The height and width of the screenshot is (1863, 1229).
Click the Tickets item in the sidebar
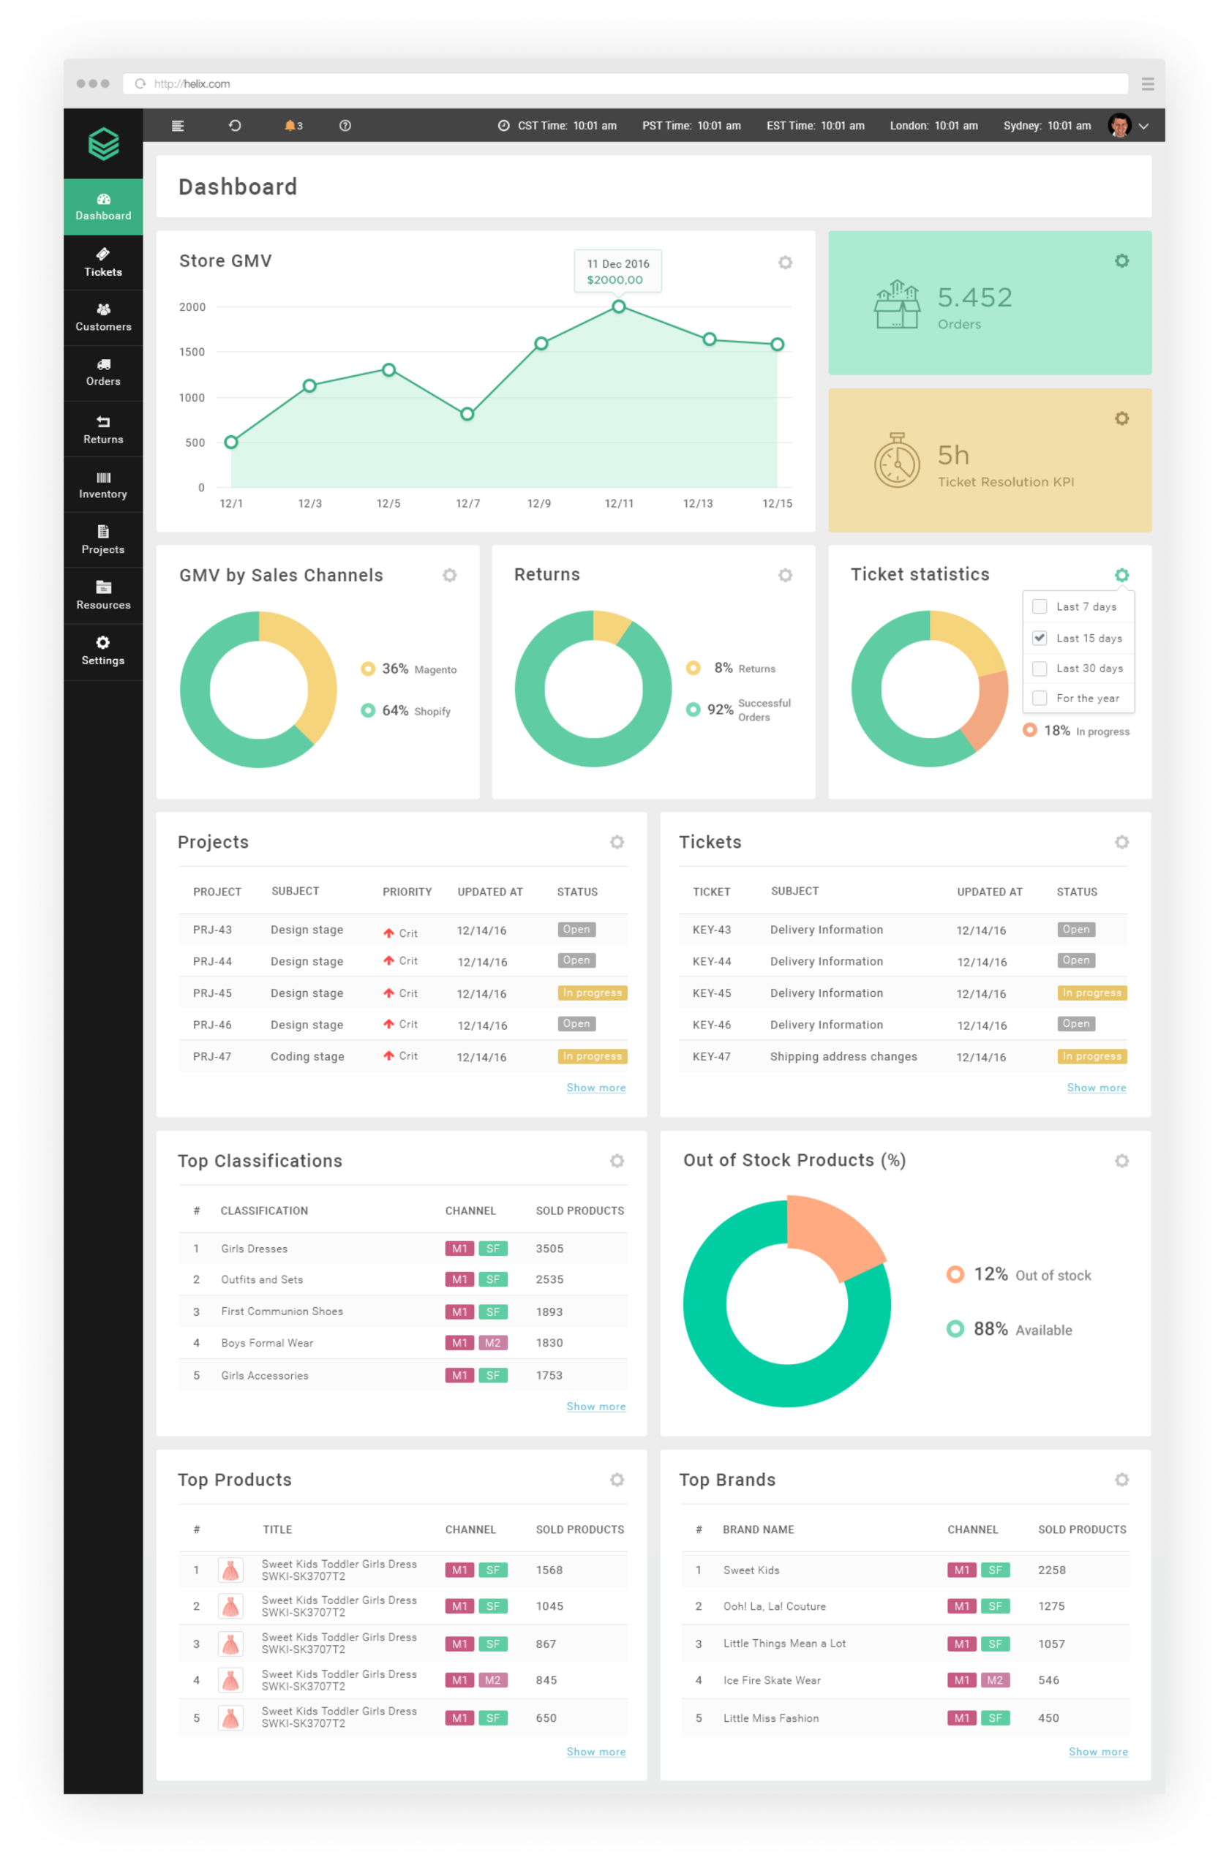point(102,263)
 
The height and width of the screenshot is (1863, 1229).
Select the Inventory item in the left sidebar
point(102,485)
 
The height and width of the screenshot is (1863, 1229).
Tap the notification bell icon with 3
point(292,125)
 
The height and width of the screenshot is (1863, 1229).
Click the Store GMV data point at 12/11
point(618,306)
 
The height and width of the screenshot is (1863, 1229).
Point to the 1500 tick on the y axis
point(192,352)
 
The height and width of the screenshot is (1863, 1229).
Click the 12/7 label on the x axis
point(467,503)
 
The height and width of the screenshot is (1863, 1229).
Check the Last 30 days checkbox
point(1040,669)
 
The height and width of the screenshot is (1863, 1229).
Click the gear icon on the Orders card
point(1121,261)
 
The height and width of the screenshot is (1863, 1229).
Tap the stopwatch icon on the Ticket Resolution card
point(897,461)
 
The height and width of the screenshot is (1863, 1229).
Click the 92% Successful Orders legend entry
point(740,710)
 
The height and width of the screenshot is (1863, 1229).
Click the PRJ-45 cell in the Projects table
point(212,993)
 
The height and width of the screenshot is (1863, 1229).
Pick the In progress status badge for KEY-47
point(1091,1055)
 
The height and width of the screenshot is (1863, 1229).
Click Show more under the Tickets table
point(1096,1088)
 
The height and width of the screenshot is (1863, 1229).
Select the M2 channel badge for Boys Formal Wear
point(492,1343)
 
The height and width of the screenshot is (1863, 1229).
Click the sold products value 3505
point(549,1249)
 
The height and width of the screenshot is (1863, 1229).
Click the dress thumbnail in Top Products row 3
point(230,1644)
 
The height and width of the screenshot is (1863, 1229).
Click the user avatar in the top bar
point(1119,125)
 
